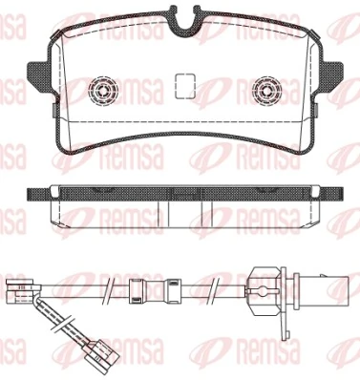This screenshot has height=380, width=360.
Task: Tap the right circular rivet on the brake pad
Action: pyautogui.click(x=265, y=93)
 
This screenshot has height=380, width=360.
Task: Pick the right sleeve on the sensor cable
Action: pyautogui.click(x=173, y=288)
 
